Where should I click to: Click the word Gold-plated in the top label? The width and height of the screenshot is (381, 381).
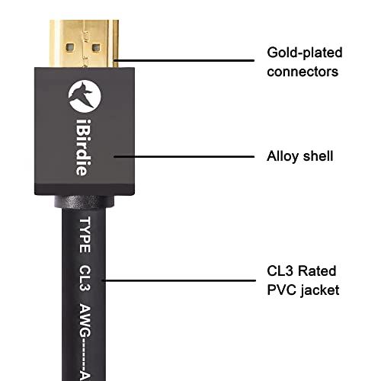(304, 53)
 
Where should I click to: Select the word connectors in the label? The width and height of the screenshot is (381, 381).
(303, 72)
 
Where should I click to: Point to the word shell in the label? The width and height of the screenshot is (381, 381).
(318, 157)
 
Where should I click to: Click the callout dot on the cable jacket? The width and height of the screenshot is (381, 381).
(104, 280)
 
